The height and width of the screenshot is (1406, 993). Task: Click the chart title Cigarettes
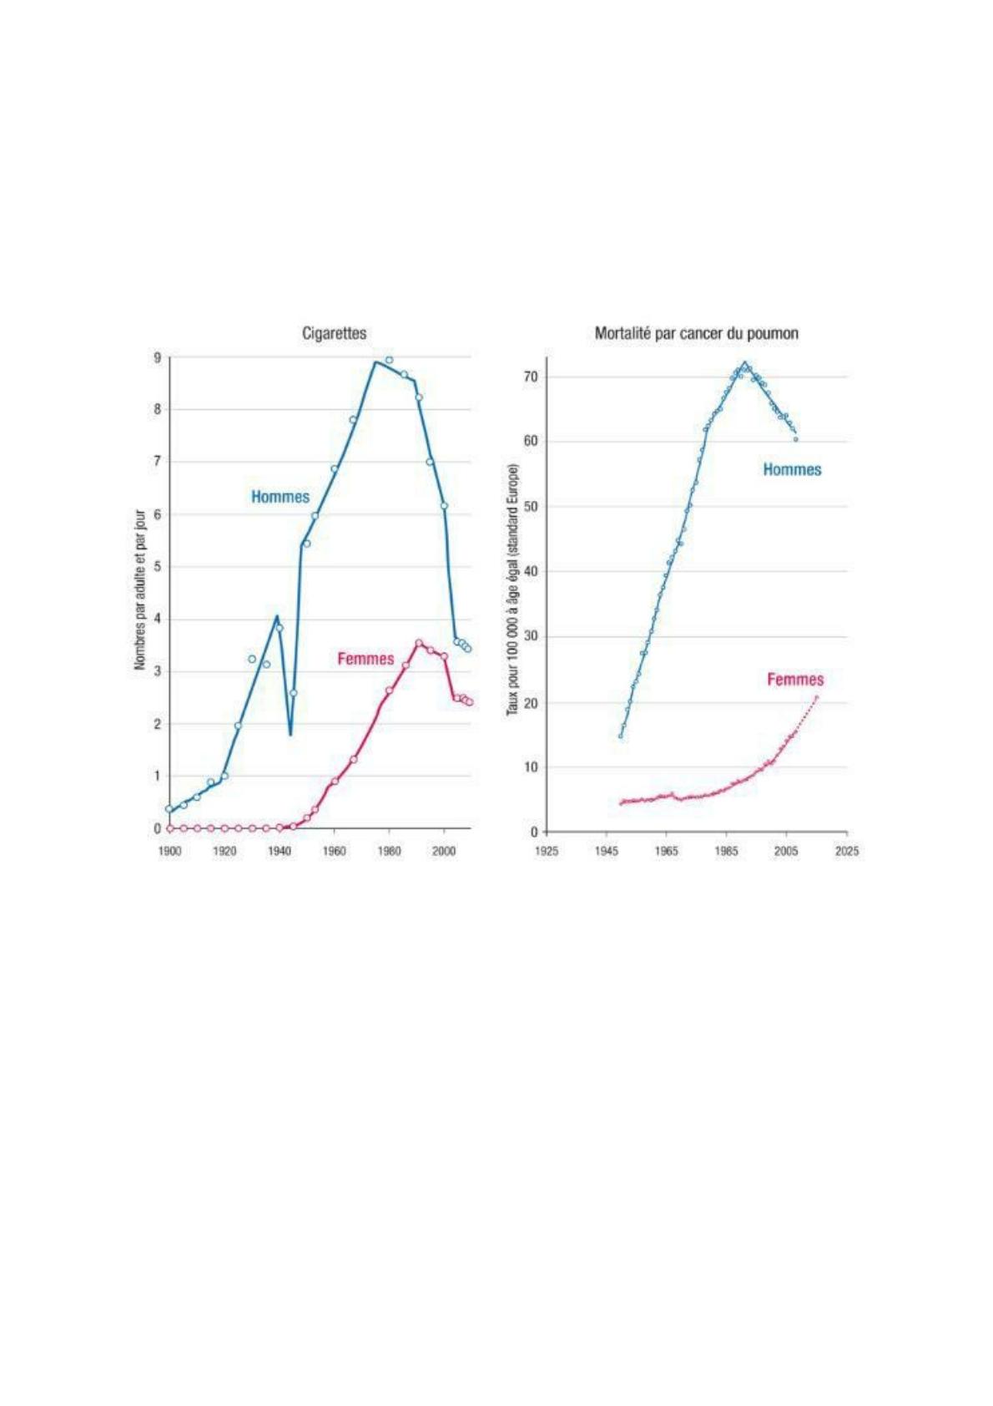pyautogui.click(x=334, y=333)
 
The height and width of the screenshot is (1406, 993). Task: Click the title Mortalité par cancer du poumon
pyautogui.click(x=696, y=333)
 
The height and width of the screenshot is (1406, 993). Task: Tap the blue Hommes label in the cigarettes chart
pyautogui.click(x=280, y=497)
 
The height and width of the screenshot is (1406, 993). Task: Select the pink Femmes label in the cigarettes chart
pyautogui.click(x=365, y=659)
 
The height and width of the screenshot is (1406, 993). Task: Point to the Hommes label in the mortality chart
pyautogui.click(x=792, y=470)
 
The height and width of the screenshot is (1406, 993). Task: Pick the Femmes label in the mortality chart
pyautogui.click(x=795, y=680)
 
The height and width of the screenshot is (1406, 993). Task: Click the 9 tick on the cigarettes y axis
pyautogui.click(x=157, y=357)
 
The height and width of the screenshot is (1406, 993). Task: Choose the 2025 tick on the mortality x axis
pyautogui.click(x=846, y=852)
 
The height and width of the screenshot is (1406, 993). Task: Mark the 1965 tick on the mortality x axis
pyautogui.click(x=666, y=852)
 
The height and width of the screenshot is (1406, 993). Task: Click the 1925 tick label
pyautogui.click(x=547, y=852)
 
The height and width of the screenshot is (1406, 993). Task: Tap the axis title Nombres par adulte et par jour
pyautogui.click(x=140, y=590)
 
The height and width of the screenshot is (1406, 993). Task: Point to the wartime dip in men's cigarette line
pyautogui.click(x=290, y=734)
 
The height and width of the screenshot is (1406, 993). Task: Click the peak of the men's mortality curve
pyautogui.click(x=744, y=362)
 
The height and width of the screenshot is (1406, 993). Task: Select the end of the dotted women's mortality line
pyautogui.click(x=816, y=697)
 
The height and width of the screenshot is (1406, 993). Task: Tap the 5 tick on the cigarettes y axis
pyautogui.click(x=157, y=567)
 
